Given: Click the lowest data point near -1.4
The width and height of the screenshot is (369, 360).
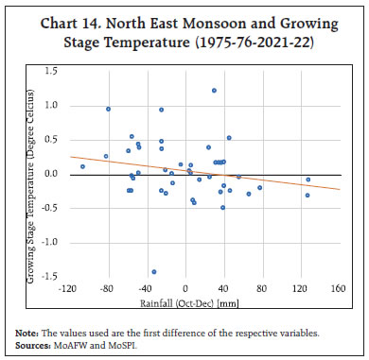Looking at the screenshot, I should (153, 271).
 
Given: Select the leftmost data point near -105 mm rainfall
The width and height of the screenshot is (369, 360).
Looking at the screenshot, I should (82, 166).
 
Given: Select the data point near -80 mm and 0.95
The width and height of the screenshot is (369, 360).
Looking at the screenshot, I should (109, 109).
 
